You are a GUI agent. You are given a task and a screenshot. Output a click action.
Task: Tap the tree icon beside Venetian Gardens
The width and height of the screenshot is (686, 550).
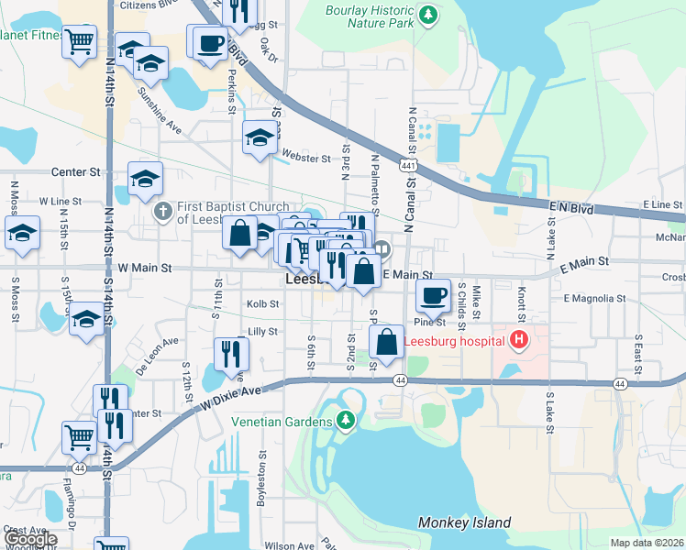346,421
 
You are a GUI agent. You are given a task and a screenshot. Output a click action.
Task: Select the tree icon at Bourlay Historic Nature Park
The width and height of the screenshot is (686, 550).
427,14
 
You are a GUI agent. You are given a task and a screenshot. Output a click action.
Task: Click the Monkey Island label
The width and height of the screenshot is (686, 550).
464,522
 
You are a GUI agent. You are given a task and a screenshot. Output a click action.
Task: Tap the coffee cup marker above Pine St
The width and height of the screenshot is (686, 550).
434,296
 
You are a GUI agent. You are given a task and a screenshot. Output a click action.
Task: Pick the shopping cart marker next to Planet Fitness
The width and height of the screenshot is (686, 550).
80,40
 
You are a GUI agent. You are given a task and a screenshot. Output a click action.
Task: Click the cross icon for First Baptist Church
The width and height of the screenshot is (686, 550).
163,213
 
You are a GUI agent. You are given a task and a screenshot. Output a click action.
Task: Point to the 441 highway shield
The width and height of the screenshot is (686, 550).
405,165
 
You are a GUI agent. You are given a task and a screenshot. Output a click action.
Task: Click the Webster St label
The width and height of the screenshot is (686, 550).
305,159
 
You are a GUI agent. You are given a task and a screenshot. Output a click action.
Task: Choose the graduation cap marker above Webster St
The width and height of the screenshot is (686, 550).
260,138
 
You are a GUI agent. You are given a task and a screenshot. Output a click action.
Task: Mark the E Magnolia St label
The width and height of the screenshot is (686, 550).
593,298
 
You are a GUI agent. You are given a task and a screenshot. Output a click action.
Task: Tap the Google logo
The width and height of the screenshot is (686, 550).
29,540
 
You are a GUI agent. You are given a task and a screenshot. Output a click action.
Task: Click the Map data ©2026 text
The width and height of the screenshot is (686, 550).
647,543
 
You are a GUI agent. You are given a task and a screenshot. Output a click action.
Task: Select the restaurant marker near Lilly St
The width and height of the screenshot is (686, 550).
231,353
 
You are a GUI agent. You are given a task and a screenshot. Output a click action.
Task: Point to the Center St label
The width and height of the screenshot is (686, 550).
75,171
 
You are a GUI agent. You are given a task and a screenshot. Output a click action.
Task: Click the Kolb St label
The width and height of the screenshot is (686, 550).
261,303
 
